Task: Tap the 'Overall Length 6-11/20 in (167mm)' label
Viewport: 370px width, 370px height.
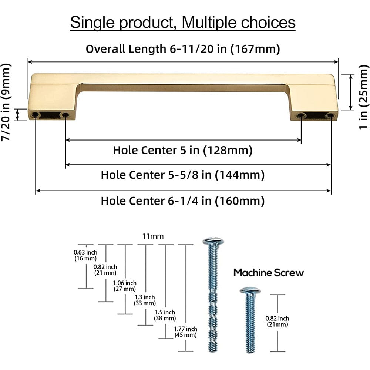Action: (x=183, y=48)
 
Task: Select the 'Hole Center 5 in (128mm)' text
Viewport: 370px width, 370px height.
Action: (x=183, y=150)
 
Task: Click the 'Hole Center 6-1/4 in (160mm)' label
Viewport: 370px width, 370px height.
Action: (x=183, y=201)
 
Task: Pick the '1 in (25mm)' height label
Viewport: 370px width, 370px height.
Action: (x=364, y=97)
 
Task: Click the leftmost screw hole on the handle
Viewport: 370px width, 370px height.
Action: (x=36, y=115)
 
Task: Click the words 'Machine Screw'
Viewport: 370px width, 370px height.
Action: (x=269, y=273)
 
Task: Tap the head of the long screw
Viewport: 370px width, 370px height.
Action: (x=213, y=242)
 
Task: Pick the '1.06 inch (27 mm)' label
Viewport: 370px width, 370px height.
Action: (x=125, y=286)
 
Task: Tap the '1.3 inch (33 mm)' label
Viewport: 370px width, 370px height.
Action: (x=145, y=300)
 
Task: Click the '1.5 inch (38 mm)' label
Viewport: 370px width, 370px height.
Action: (x=165, y=315)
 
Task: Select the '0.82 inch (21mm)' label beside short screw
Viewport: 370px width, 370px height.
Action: (x=277, y=321)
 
